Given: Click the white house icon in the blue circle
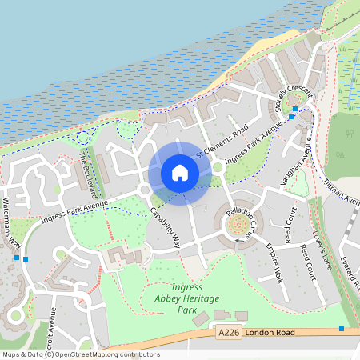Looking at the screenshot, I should pos(180,172).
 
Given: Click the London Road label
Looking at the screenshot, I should pos(270,332).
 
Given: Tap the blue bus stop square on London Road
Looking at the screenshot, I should pos(342,329).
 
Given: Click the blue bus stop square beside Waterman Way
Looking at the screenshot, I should pos(26,259).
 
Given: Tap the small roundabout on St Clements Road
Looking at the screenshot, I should pos(217,168).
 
